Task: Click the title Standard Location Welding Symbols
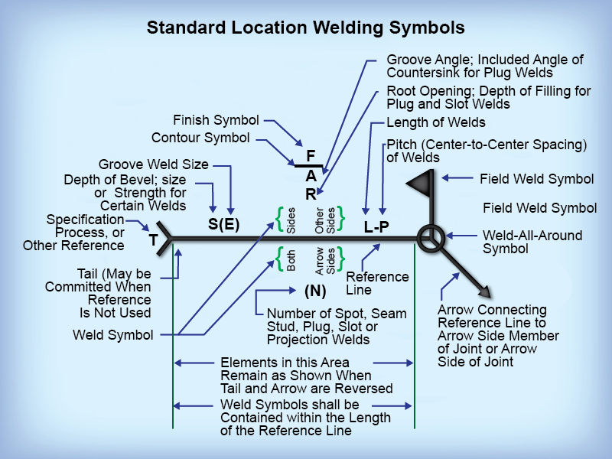click(x=305, y=28)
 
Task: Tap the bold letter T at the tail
click(x=153, y=241)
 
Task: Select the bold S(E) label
click(x=223, y=225)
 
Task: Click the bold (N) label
click(x=315, y=291)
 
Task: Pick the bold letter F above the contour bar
click(x=311, y=156)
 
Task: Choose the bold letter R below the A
click(x=311, y=194)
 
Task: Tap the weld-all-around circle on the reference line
click(x=429, y=239)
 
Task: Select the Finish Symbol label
click(x=216, y=120)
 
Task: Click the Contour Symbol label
click(x=200, y=138)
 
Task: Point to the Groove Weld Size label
click(x=153, y=164)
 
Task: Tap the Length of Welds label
click(x=436, y=122)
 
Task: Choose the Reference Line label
click(x=377, y=284)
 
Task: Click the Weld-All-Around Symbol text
click(x=532, y=242)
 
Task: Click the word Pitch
click(x=402, y=144)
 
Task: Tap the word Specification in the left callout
click(x=85, y=220)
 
